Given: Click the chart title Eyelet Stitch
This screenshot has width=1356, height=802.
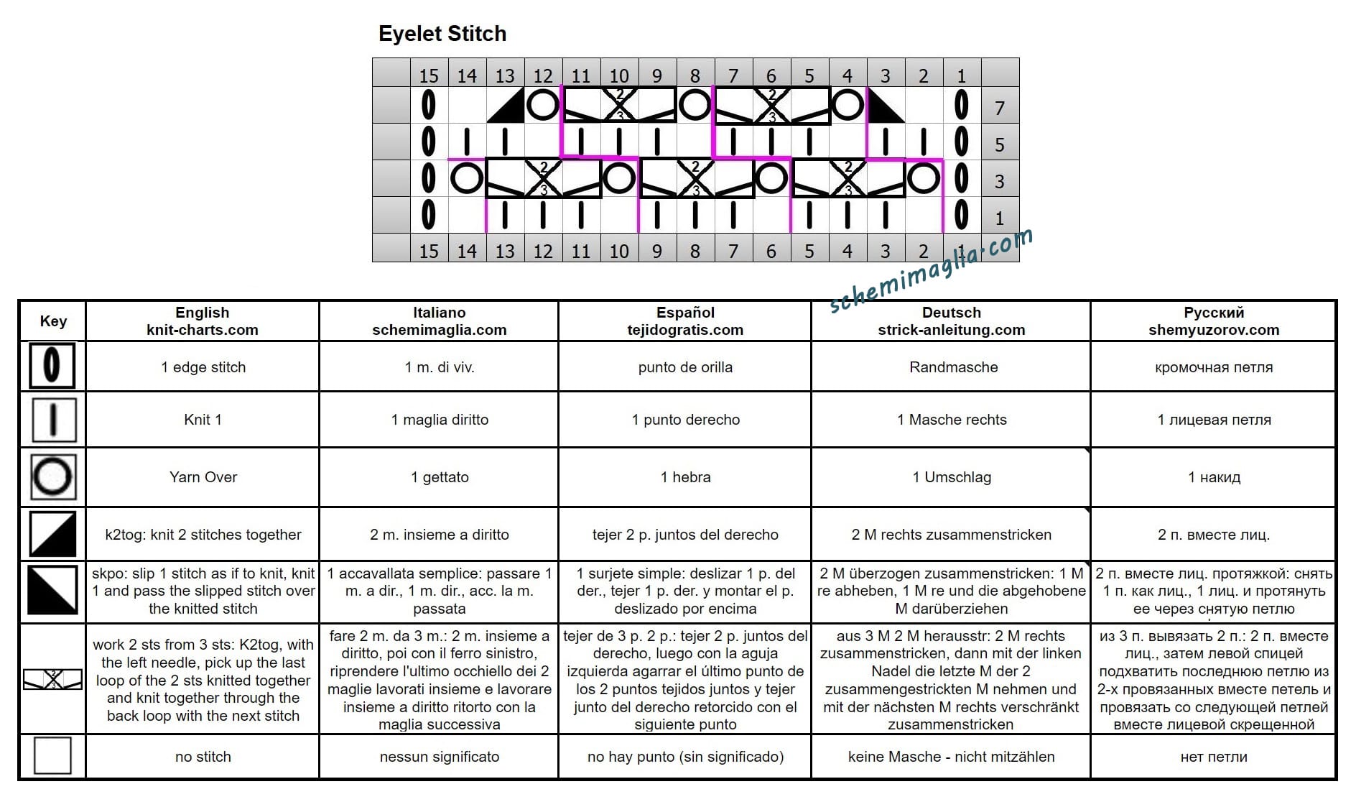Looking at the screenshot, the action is (442, 34).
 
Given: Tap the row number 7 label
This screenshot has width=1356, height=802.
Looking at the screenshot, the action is (999, 109).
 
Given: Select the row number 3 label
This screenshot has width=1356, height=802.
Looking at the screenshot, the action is (999, 182).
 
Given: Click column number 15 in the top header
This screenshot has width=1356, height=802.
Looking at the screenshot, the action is (429, 75).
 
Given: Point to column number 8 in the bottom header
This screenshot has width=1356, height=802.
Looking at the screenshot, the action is (695, 251).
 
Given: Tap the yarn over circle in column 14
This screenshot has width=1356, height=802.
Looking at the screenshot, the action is (467, 178).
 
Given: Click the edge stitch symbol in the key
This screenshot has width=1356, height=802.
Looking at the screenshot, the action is (52, 366).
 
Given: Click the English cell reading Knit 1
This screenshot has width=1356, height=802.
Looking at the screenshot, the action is (203, 420).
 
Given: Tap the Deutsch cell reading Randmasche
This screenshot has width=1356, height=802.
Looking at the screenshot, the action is (953, 367).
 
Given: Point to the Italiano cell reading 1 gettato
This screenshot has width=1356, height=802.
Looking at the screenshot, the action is (440, 477).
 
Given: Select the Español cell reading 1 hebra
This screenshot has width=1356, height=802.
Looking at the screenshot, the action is (685, 477).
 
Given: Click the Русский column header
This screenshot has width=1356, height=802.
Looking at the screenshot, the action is (1214, 321).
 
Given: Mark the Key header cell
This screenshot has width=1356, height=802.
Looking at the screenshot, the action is (53, 321).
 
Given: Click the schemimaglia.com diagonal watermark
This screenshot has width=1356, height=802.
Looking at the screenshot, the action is (932, 269).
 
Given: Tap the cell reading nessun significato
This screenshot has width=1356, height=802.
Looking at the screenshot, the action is (440, 757).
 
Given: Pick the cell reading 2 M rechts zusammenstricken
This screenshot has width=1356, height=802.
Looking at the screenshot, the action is (951, 535).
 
